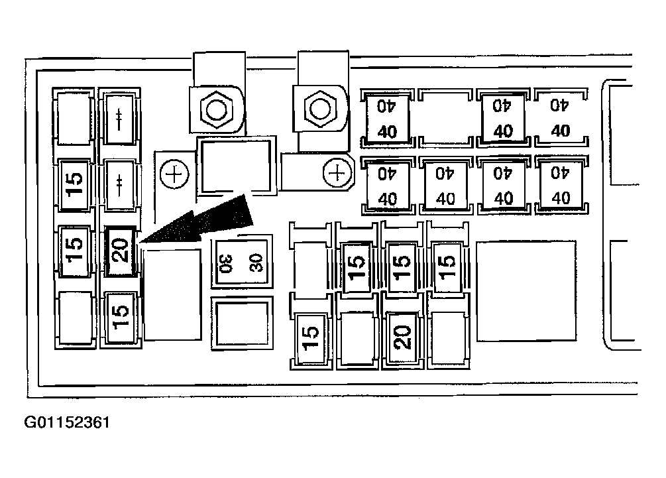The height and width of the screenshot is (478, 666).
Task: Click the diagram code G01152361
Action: click(66, 422)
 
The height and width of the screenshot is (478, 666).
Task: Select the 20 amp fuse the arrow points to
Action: click(121, 252)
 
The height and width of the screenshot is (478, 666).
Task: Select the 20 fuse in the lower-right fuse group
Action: click(402, 338)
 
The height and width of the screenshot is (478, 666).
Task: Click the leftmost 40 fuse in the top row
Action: click(387, 117)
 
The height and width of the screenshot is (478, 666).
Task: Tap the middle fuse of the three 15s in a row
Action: click(402, 266)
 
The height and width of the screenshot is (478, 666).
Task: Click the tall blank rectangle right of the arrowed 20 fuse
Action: click(172, 294)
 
